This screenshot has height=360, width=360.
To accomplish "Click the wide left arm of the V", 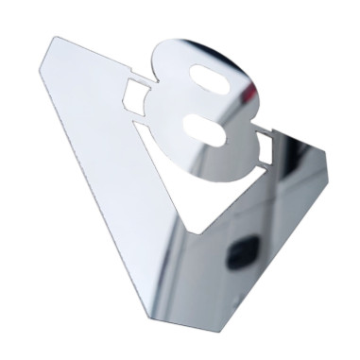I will tap(104, 151).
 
